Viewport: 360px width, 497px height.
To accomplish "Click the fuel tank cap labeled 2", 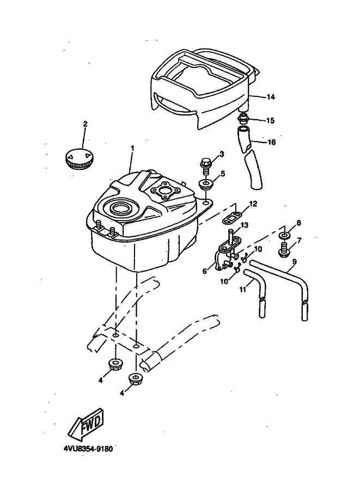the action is pyautogui.click(x=80, y=157).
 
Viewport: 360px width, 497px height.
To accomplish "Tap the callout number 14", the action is pyautogui.click(x=271, y=97).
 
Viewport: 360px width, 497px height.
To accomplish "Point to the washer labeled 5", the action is pyautogui.click(x=205, y=185).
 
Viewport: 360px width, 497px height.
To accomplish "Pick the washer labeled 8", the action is pyautogui.click(x=285, y=236).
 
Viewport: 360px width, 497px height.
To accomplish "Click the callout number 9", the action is pyautogui.click(x=295, y=262).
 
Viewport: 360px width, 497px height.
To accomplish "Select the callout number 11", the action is pyautogui.click(x=243, y=290).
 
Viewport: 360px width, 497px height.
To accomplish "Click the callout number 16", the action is pyautogui.click(x=272, y=142).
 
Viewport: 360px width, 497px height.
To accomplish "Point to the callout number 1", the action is pyautogui.click(x=132, y=148).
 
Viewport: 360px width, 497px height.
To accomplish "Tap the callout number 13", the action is pyautogui.click(x=245, y=225).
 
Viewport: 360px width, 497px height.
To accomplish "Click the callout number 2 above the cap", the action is pyautogui.click(x=85, y=124).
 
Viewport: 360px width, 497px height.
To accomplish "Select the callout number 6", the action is pyautogui.click(x=205, y=271).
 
